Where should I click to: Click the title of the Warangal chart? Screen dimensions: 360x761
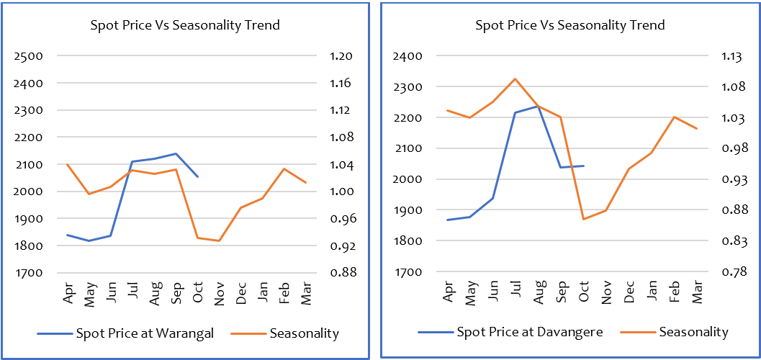pyautogui.click(x=185, y=25)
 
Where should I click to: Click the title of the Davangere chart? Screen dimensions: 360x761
pyautogui.click(x=569, y=25)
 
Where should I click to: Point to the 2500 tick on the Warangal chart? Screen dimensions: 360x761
pyautogui.click(x=30, y=56)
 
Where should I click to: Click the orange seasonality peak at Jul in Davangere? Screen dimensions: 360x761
pyautogui.click(x=515, y=78)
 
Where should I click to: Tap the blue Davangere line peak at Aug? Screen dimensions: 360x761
pyautogui.click(x=538, y=106)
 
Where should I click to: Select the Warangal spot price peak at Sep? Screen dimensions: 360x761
pyautogui.click(x=176, y=153)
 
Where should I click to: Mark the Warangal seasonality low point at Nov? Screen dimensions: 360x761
pyautogui.click(x=219, y=240)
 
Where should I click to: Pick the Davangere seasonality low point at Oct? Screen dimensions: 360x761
pyautogui.click(x=583, y=219)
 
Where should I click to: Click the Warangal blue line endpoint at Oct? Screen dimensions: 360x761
pyautogui.click(x=198, y=176)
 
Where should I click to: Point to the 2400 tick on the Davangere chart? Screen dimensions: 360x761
pyautogui.click(x=407, y=56)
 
